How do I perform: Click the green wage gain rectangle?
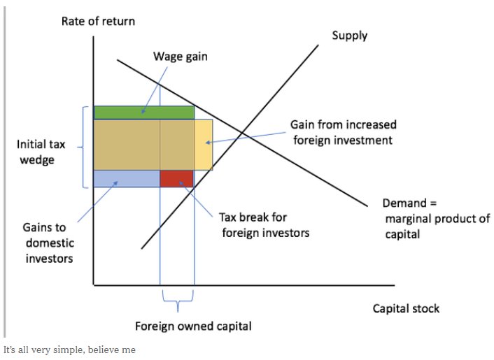[143, 113]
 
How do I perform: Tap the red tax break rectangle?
[177, 179]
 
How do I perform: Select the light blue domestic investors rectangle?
[127, 179]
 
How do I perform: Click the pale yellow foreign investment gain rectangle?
[204, 145]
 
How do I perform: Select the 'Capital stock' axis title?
[406, 308]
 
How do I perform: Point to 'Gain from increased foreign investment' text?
[344, 132]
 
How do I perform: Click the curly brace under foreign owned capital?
[177, 302]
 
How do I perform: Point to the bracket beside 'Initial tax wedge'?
[85, 147]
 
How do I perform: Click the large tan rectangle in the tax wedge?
[143, 145]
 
